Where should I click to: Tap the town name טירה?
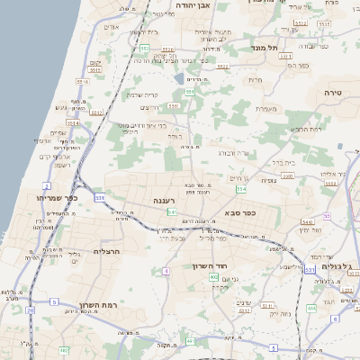334,93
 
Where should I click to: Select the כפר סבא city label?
238,213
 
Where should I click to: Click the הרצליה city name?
106,253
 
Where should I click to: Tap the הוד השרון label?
212,266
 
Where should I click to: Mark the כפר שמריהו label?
57,197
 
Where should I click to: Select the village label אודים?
112,27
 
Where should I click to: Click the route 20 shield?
30,310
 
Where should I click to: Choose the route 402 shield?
214,278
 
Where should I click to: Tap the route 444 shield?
310,308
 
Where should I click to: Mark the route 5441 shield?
307,221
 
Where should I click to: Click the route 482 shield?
63,349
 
